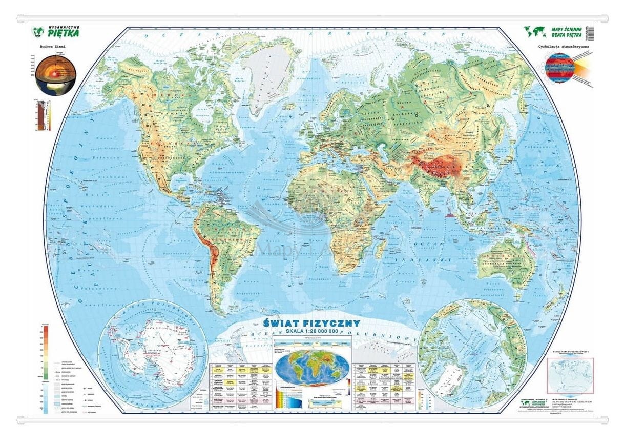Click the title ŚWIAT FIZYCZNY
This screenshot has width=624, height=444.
click(311, 324)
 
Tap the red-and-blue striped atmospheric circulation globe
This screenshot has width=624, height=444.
click(560, 68)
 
